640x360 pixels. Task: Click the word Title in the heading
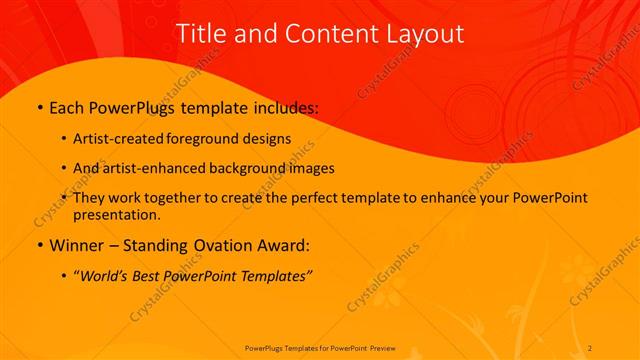click(x=198, y=33)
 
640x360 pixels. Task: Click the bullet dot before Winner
click(x=38, y=246)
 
